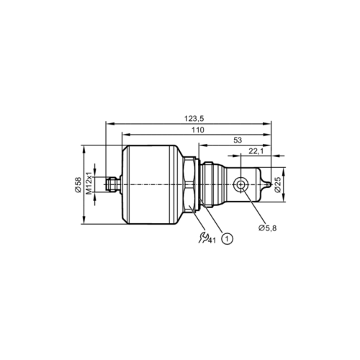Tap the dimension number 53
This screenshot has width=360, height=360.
[238, 141]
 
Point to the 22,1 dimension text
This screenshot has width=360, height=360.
[255, 152]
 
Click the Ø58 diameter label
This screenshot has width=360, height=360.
[78, 186]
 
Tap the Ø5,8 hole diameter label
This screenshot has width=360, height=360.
[267, 228]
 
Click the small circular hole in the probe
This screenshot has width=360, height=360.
[240, 186]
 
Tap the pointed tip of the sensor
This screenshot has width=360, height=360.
[271, 186]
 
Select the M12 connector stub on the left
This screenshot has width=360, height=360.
[112, 185]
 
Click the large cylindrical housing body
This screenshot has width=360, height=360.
[151, 185]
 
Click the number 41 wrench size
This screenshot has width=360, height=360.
[212, 240]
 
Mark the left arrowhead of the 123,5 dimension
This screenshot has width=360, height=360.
[108, 123]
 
